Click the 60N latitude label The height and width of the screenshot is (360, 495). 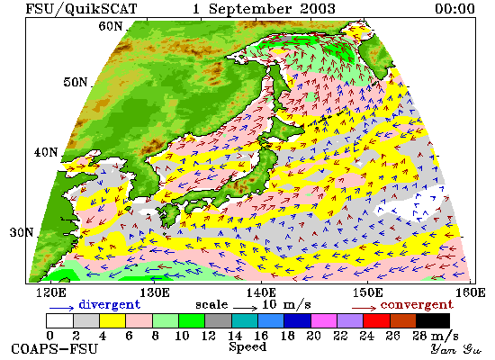(x=111, y=26)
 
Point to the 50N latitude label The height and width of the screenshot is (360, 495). (x=75, y=82)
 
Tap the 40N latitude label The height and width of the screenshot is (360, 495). (x=46, y=152)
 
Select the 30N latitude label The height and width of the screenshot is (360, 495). (x=22, y=233)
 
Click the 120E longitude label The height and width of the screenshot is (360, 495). (x=50, y=292)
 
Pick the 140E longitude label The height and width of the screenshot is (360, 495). (x=261, y=292)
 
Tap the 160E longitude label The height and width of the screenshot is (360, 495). (x=471, y=292)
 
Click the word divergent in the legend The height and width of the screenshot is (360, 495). (x=109, y=305)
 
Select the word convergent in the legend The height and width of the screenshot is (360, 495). (x=417, y=305)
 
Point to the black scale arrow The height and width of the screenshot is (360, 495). (x=246, y=307)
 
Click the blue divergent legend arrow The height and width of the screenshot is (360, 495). (x=61, y=308)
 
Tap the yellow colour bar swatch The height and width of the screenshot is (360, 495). (x=112, y=320)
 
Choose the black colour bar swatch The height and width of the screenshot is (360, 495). (x=433, y=320)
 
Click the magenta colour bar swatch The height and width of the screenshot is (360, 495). (x=324, y=320)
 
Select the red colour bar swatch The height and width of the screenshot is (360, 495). (x=376, y=320)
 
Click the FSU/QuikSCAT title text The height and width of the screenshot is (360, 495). (x=81, y=8)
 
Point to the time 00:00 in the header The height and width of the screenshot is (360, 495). (x=454, y=8)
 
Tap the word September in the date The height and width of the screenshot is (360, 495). (x=249, y=9)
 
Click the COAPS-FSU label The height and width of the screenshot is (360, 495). (x=54, y=349)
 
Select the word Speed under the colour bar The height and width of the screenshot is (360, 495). (x=247, y=346)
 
